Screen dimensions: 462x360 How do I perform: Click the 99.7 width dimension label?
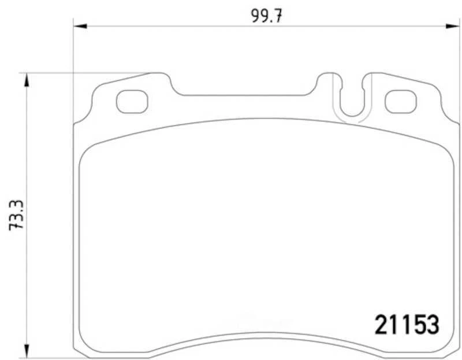pos(267,16)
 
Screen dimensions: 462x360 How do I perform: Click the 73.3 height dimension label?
pos(16,215)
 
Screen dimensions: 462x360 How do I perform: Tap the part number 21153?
pos(407,325)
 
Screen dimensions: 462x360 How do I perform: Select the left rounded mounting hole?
pos(132,102)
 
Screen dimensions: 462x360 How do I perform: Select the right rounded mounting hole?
pos(401,102)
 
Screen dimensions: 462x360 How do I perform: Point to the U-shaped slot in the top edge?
pos(352,115)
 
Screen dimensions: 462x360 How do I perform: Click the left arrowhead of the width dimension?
pos(80,26)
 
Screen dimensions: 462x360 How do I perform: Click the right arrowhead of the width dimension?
pos(452,26)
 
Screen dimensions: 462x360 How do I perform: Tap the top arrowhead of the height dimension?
pos(27,80)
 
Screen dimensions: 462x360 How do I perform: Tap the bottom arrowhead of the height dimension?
pos(27,351)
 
